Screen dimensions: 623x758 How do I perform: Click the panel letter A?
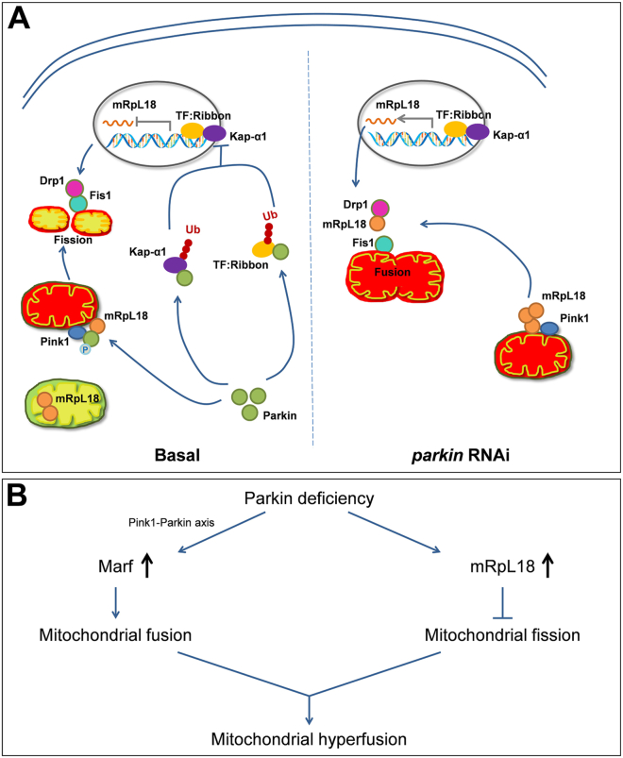tap(19, 19)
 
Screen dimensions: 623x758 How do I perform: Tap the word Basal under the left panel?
tap(177, 455)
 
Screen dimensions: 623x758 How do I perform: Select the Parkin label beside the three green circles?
tap(279, 415)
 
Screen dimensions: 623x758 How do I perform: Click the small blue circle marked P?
tap(85, 349)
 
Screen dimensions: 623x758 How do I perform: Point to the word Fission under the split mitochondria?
tap(73, 240)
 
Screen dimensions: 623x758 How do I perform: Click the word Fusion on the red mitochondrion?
tap(392, 272)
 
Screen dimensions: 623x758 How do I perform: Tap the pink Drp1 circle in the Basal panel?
tap(75, 188)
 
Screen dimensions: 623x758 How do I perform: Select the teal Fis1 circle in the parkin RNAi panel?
tap(384, 244)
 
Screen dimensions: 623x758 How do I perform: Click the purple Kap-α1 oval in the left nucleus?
tap(214, 133)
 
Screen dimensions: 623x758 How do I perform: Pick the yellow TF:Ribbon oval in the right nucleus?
tap(455, 128)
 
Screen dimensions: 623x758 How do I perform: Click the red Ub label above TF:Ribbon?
tap(270, 215)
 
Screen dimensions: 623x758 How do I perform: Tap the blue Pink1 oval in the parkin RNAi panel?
tap(549, 329)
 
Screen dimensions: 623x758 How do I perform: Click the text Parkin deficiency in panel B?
tap(309, 498)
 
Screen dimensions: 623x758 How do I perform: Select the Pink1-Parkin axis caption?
tap(172, 523)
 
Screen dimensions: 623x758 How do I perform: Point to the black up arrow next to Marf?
tap(146, 565)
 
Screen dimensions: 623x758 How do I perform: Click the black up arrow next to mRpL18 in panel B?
tap(547, 565)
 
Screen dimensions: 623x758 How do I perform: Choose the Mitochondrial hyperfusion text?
tap(309, 739)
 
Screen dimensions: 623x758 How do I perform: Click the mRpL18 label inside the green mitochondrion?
tap(77, 398)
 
